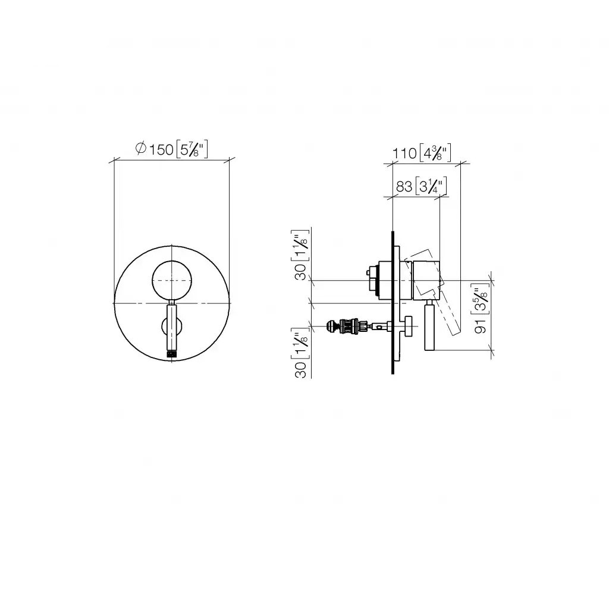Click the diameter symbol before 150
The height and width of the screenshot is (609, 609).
[140, 148]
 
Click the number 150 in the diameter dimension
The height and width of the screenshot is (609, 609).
[161, 149]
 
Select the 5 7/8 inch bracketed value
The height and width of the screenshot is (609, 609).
[192, 149]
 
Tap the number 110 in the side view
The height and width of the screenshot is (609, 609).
[404, 153]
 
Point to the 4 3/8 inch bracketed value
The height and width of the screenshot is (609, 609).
[435, 153]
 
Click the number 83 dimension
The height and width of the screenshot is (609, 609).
[404, 187]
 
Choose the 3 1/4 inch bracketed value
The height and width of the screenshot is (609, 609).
[431, 186]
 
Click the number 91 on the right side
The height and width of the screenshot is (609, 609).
[481, 327]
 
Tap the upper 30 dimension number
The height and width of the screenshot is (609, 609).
[301, 272]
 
